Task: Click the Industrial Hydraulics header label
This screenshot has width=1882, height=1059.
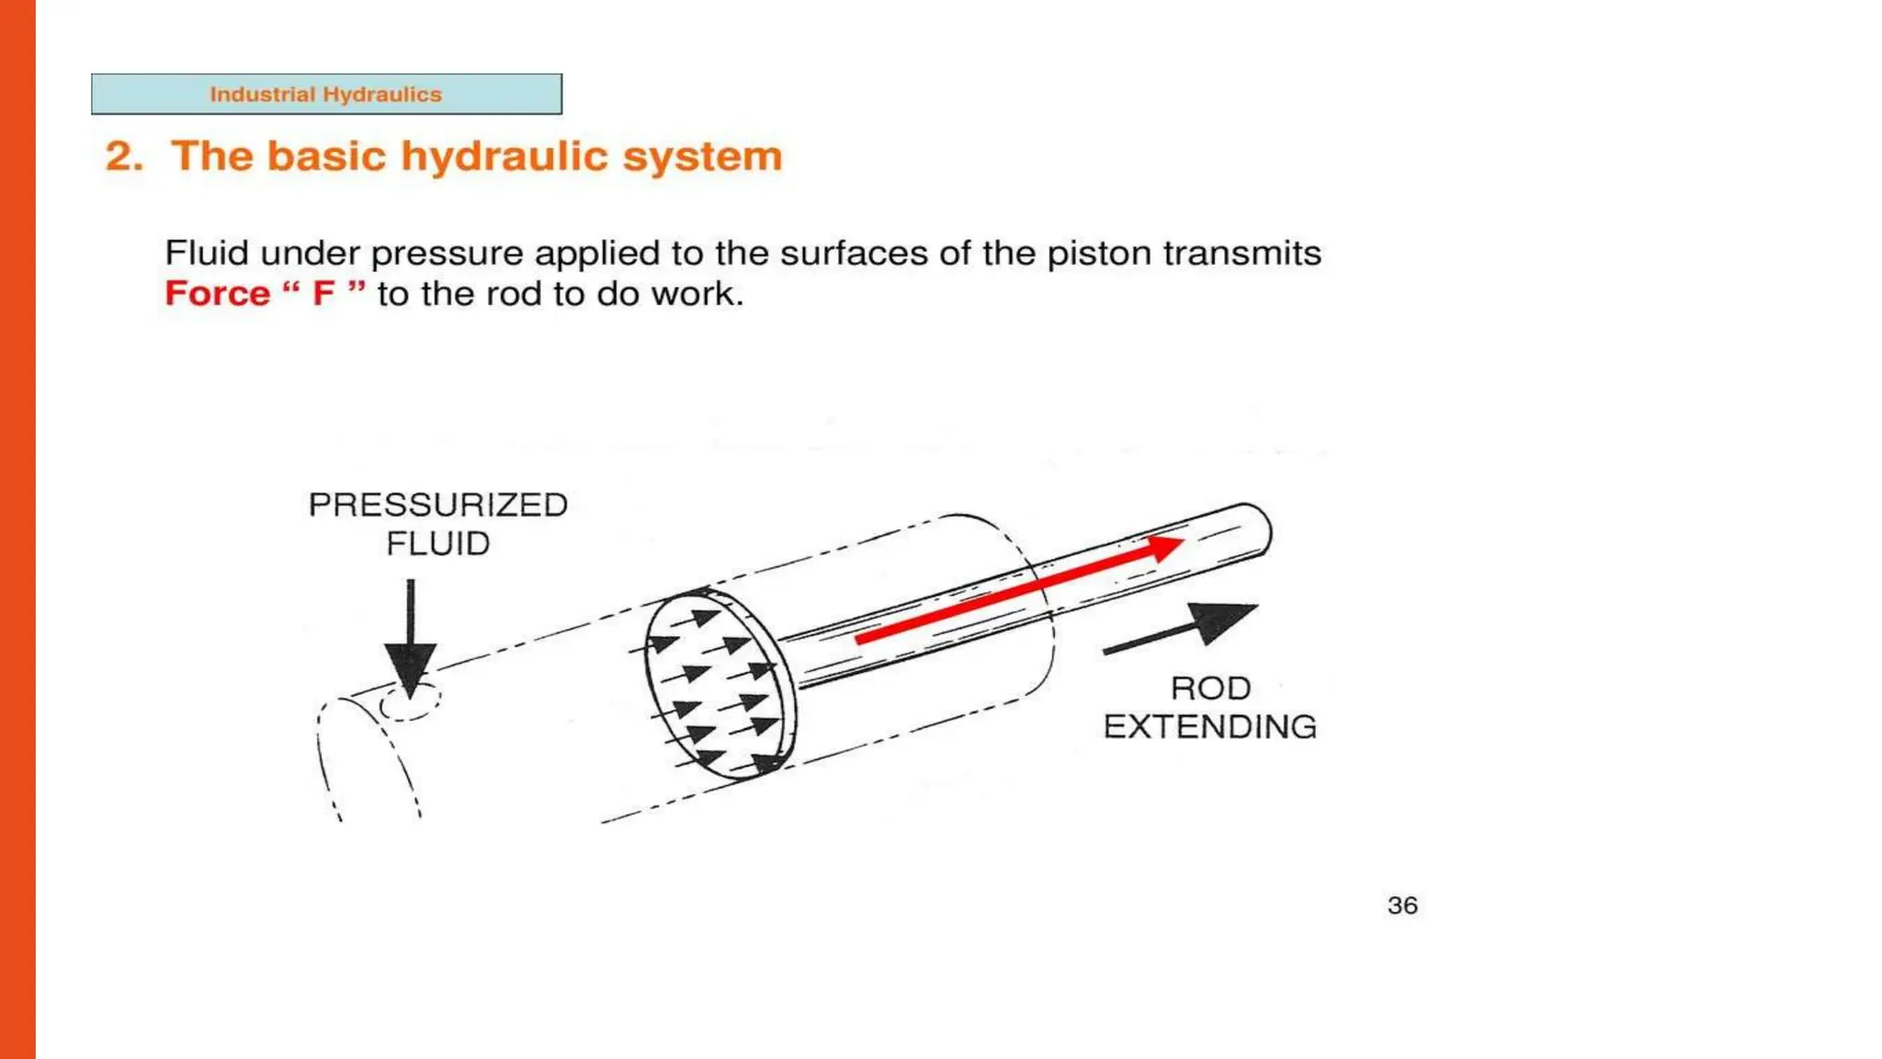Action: [326, 94]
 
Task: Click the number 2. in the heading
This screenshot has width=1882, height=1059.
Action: [124, 156]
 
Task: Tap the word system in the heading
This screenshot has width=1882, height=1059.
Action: [703, 156]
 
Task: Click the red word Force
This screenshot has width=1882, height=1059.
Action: [218, 293]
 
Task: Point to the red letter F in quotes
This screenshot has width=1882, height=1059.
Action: [323, 293]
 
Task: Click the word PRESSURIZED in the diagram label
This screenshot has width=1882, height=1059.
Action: [437, 505]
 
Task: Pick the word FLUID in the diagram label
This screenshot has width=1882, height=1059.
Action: [437, 543]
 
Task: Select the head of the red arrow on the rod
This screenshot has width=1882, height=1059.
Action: [1162, 548]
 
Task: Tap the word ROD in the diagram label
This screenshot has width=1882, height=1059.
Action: [1210, 689]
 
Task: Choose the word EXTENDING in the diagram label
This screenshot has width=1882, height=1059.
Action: [1210, 727]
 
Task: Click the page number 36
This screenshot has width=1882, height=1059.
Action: [1402, 905]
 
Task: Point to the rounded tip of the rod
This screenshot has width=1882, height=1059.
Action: [1259, 531]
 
